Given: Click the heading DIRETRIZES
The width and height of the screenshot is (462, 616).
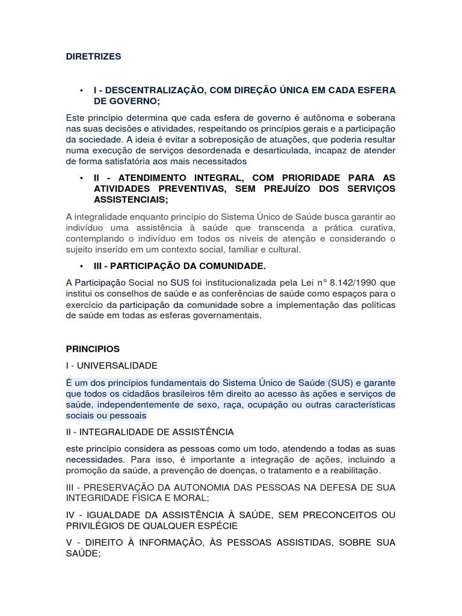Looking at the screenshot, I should (93, 57).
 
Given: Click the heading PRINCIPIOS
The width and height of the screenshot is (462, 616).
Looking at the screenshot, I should (93, 349).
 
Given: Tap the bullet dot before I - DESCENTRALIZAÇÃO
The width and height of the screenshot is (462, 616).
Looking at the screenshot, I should (80, 90).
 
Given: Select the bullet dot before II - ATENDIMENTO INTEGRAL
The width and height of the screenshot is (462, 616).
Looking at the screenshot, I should (80, 179).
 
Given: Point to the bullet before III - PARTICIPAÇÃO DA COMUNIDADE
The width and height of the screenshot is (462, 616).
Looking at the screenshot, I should (80, 266).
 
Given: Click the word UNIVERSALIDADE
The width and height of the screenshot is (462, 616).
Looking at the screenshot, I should (119, 365).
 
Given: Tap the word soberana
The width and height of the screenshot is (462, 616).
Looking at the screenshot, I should (377, 117).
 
